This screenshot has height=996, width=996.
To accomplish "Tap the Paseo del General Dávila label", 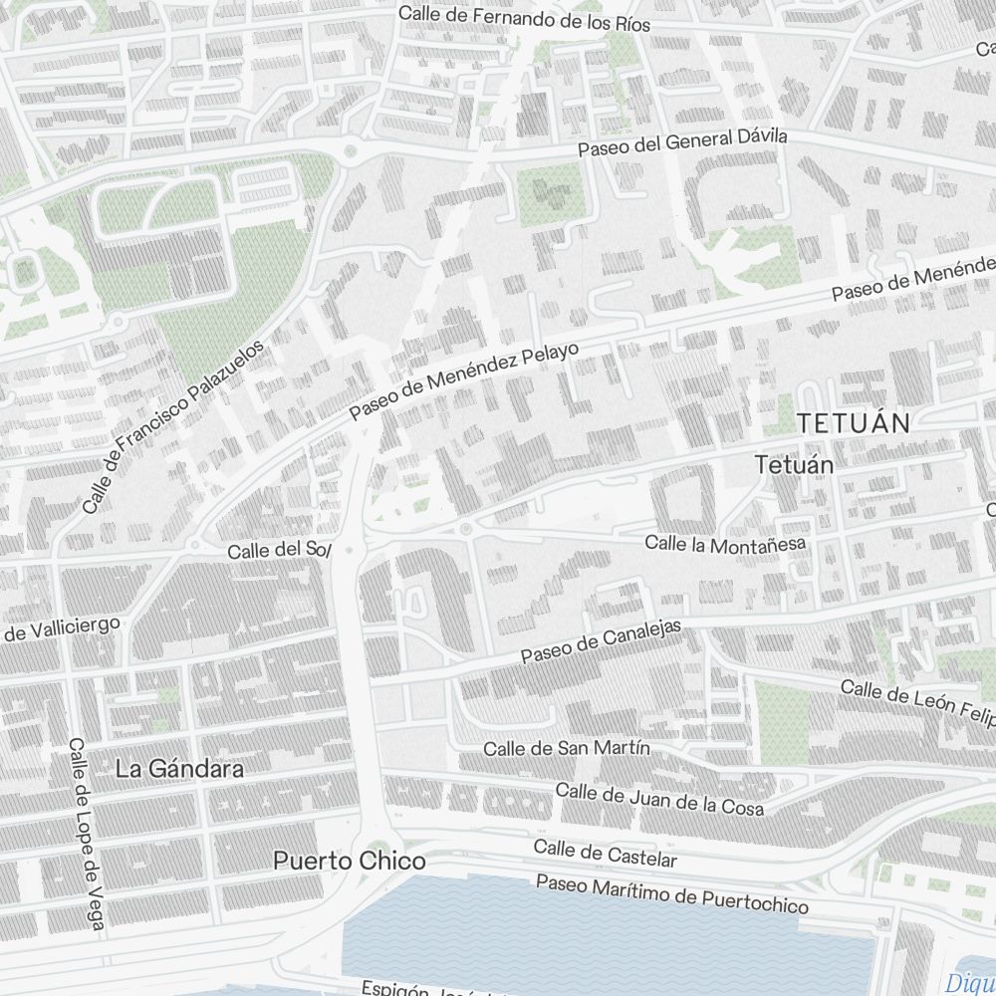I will click(x=683, y=142).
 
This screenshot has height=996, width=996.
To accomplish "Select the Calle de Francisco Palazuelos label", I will click(x=174, y=426).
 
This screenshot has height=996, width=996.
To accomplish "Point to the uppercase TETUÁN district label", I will click(x=854, y=423).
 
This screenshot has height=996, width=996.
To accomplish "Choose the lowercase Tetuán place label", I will click(x=794, y=464).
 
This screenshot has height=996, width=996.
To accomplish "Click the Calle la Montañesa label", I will click(x=724, y=543).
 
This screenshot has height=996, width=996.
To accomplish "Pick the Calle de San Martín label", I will click(x=567, y=748).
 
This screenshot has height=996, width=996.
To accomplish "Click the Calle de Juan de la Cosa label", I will click(x=659, y=799).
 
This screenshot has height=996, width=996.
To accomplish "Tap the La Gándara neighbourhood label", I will click(x=179, y=770).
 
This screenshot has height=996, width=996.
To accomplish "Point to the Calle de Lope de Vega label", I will click(x=87, y=836).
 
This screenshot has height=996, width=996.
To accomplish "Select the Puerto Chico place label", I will click(x=350, y=862).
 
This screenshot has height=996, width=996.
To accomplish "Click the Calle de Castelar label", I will click(x=605, y=854).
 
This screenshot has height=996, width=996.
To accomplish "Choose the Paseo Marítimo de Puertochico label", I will click(x=672, y=893).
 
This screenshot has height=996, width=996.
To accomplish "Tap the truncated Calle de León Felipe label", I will click(x=917, y=699).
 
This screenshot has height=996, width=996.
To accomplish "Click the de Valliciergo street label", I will click(x=62, y=629).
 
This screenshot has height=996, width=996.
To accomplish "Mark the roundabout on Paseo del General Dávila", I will click(x=350, y=151).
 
